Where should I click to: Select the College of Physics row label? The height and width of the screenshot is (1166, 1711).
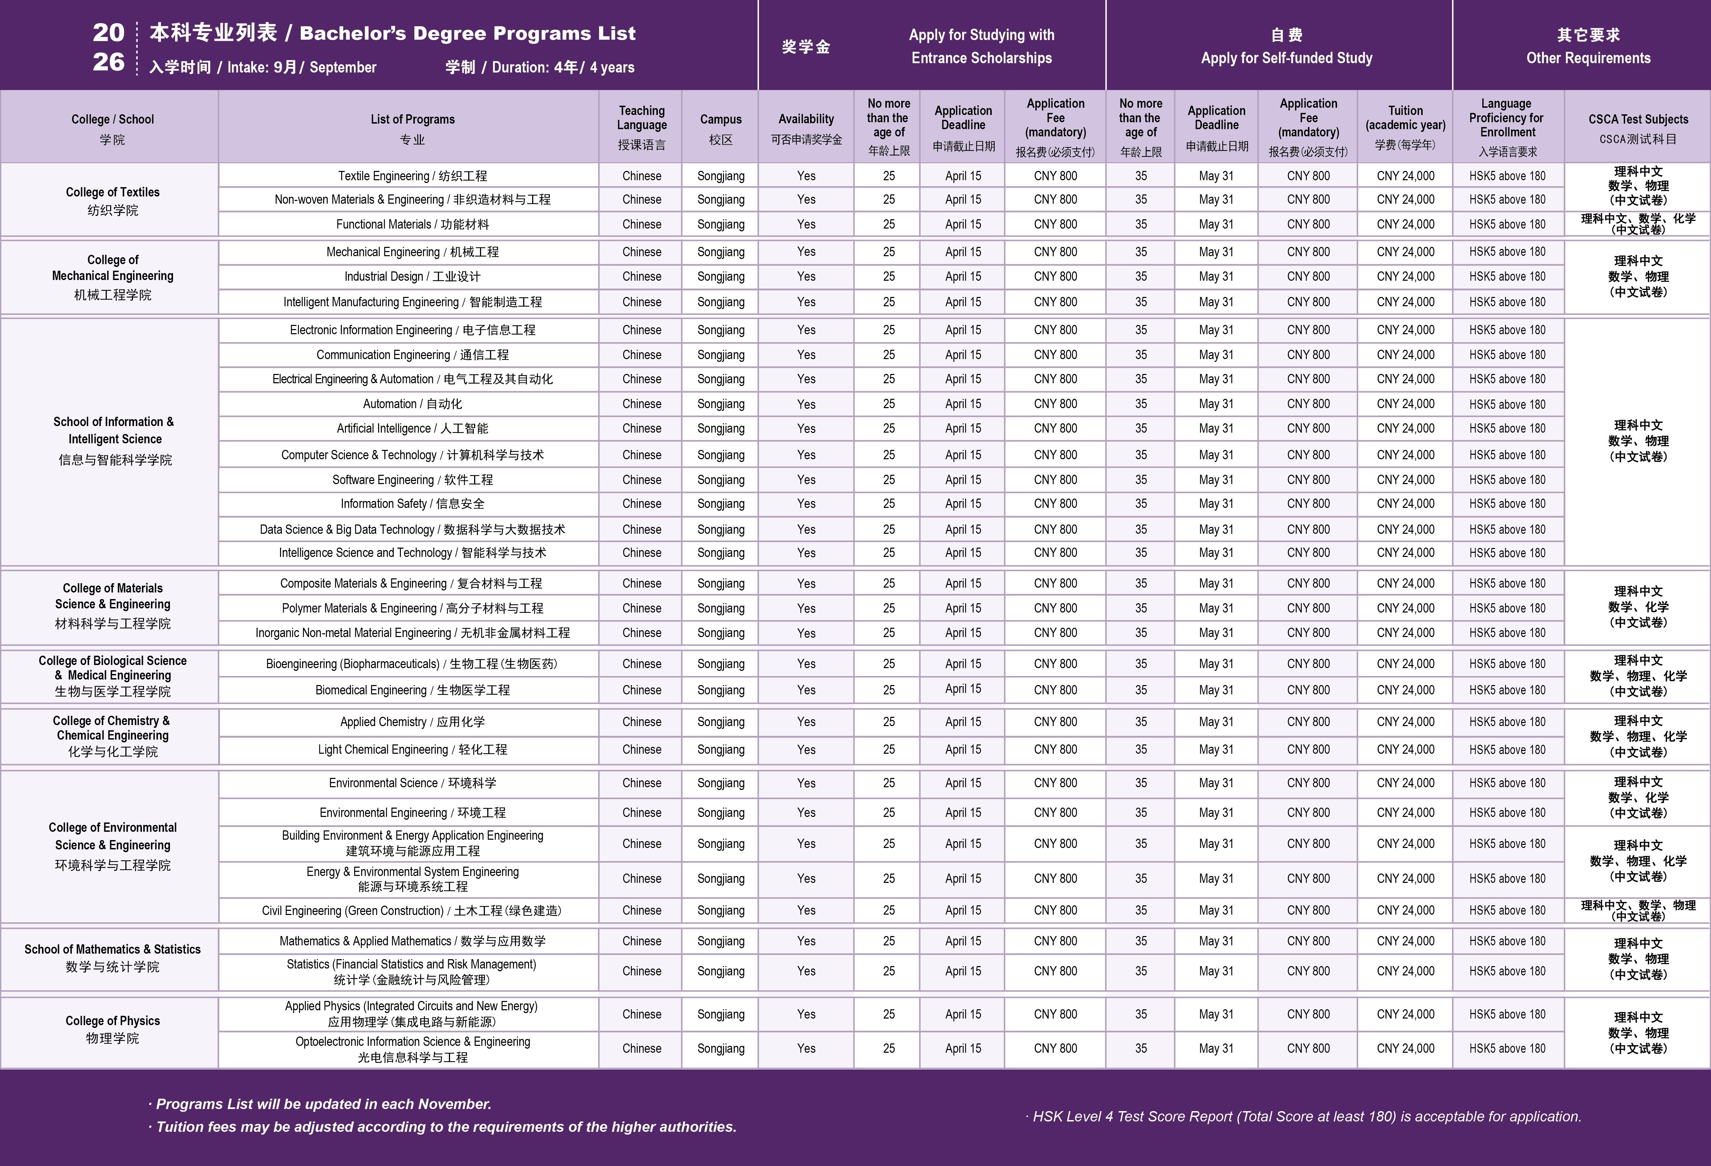click(x=113, y=1029)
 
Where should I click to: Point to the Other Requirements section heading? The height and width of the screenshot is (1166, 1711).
click(x=1588, y=46)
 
